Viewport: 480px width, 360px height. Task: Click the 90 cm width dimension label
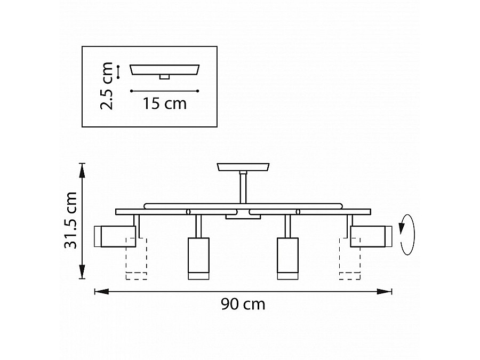click(243, 305)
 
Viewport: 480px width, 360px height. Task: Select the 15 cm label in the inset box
click(164, 103)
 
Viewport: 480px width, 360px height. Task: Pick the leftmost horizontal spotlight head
click(114, 236)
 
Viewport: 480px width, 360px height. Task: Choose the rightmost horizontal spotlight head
click(371, 236)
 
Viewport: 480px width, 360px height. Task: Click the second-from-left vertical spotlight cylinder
click(198, 258)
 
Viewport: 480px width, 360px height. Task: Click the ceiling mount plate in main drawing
click(243, 167)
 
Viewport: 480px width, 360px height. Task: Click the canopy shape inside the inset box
click(165, 70)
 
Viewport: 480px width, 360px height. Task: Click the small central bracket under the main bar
click(236, 217)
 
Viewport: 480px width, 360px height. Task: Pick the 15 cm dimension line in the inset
click(164, 91)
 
